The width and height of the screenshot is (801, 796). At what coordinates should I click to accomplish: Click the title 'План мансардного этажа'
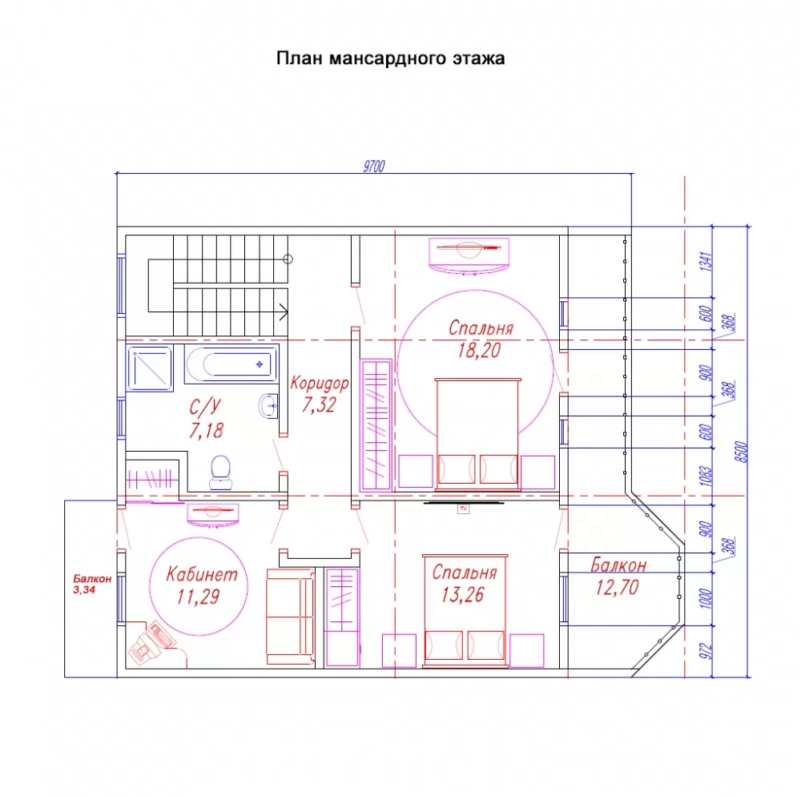pyautogui.click(x=390, y=58)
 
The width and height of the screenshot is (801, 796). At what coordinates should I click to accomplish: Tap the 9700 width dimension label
pyautogui.click(x=374, y=167)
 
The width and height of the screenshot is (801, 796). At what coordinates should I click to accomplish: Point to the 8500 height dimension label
pyautogui.click(x=741, y=452)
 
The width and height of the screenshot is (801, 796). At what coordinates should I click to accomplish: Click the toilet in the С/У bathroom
pyautogui.click(x=221, y=472)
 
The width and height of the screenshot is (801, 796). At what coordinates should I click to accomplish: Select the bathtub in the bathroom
pyautogui.click(x=231, y=364)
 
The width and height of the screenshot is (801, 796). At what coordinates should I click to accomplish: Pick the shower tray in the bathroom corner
pyautogui.click(x=150, y=368)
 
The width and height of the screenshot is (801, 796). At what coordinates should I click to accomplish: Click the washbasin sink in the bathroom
pyautogui.click(x=268, y=407)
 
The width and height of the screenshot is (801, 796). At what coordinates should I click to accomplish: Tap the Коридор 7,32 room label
pyautogui.click(x=320, y=394)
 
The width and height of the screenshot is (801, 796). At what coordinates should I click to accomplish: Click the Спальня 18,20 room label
pyautogui.click(x=480, y=339)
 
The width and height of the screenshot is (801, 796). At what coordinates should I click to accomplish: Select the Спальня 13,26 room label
pyautogui.click(x=464, y=583)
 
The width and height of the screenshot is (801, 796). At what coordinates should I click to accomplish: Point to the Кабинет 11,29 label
pyautogui.click(x=201, y=585)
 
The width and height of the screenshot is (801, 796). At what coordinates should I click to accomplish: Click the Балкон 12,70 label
pyautogui.click(x=618, y=576)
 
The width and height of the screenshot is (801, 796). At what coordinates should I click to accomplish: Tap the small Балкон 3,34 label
pyautogui.click(x=92, y=584)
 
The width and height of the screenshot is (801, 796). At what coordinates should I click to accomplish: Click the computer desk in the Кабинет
pyautogui.click(x=153, y=642)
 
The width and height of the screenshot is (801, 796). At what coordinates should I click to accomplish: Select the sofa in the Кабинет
pyautogui.click(x=290, y=617)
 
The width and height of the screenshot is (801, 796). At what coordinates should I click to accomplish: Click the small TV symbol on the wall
pyautogui.click(x=463, y=509)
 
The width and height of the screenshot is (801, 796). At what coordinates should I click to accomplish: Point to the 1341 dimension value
pyautogui.click(x=706, y=261)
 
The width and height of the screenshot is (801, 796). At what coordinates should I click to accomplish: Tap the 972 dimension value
pyautogui.click(x=706, y=651)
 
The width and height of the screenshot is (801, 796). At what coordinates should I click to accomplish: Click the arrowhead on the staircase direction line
pyautogui.click(x=284, y=312)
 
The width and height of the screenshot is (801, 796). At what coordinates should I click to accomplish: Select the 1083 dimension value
pyautogui.click(x=706, y=476)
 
